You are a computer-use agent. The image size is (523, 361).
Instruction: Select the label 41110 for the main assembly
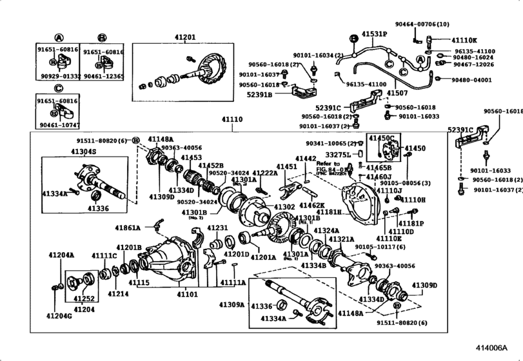click(233, 119)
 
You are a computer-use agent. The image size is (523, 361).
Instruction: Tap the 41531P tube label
click(373, 33)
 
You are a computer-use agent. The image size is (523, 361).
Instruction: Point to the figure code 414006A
click(497, 346)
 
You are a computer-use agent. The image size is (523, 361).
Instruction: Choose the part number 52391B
click(260, 95)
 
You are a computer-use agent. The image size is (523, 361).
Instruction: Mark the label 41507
click(397, 93)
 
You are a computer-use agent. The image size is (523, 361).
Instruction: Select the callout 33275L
click(339, 155)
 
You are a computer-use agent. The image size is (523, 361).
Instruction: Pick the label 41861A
click(128, 227)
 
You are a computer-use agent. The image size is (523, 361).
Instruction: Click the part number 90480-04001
click(471, 80)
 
